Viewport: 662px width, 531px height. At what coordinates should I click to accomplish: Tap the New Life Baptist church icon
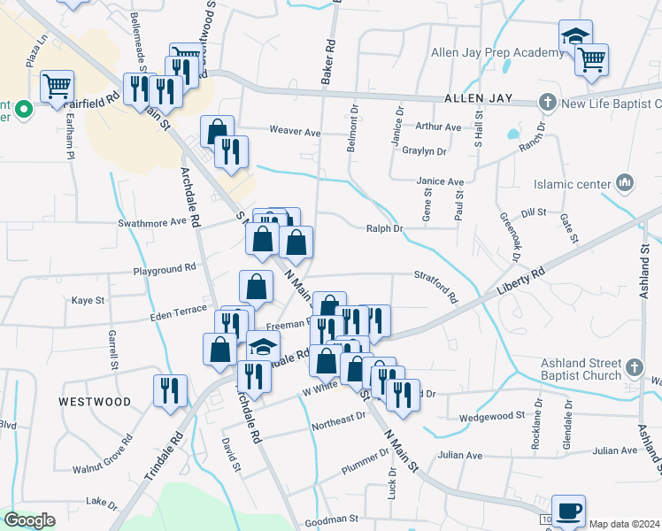[x=548, y=102]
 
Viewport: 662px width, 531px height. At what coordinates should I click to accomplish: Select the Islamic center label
[x=572, y=185]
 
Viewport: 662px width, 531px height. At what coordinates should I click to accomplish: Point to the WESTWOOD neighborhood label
[x=95, y=401]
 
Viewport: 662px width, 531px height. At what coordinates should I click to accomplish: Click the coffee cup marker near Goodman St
[x=568, y=511]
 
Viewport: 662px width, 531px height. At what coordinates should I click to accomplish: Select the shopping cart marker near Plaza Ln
[x=57, y=87]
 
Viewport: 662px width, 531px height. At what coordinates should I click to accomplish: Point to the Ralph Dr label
[x=385, y=228]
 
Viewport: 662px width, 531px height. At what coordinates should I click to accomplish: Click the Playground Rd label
[x=165, y=268]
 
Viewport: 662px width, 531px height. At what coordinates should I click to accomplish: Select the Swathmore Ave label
[x=155, y=223]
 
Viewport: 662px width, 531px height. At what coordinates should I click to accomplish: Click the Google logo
[x=30, y=520]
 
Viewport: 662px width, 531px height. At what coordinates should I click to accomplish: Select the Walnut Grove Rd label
[x=102, y=455]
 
